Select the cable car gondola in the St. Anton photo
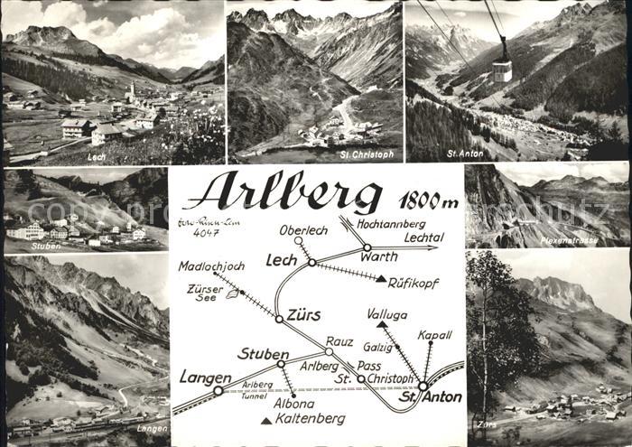point(502,69)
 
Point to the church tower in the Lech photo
point(132,90)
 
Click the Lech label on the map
point(281,260)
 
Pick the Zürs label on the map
point(304,315)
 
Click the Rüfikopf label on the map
point(413,283)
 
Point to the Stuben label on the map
point(263,353)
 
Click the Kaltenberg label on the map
point(311,419)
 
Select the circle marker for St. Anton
point(423,386)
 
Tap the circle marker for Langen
point(218,391)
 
